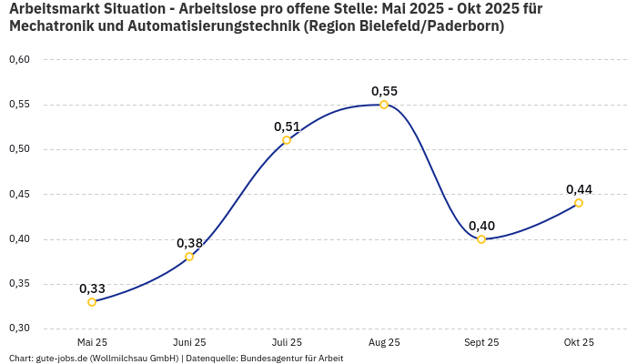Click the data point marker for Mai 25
point(92,302)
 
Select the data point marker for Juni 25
point(189,257)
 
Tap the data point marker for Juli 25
point(287,140)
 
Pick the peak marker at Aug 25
point(384,105)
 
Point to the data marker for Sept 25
point(481,239)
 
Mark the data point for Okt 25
point(579,203)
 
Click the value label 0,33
point(92,288)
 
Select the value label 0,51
point(287,126)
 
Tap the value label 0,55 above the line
point(384,91)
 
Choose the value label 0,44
point(579,189)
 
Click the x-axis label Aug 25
point(384,342)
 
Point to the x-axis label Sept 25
point(481,342)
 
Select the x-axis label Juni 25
point(189,342)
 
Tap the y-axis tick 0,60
point(19,60)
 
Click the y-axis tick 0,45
point(19,194)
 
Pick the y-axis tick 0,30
point(19,329)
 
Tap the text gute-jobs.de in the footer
point(62,358)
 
